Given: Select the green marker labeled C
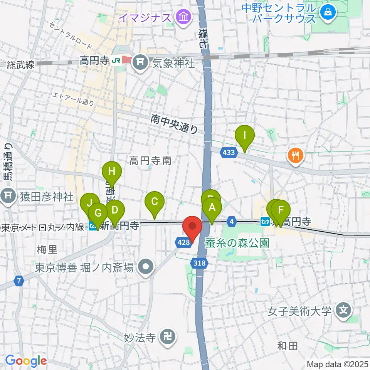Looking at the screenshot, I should point(154,201).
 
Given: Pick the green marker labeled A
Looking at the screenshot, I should point(212,208).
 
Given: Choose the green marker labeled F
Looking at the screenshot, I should point(281,210).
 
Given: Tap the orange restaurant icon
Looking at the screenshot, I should point(296,156).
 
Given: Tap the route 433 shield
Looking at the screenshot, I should point(229,153).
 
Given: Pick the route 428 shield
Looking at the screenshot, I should point(184,242).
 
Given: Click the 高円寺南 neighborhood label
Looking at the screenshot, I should point(150,160).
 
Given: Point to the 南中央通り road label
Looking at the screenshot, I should point(175,124).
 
